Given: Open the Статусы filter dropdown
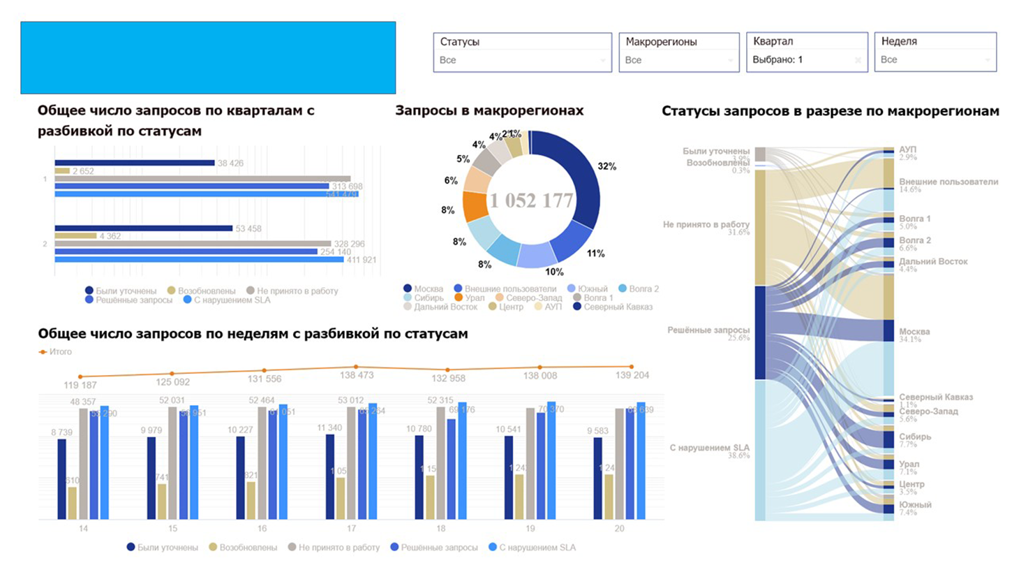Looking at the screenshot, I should tap(523, 60).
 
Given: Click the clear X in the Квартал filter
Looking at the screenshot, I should tap(858, 60).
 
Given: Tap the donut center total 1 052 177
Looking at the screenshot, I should tap(531, 200).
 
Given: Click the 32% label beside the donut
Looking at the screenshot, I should tap(607, 166).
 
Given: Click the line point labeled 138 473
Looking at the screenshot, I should tap(356, 367).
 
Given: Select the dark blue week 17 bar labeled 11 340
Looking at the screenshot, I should tap(330, 477).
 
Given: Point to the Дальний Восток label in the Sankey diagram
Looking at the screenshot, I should tap(933, 261).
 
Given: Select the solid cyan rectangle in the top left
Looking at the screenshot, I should tap(208, 57).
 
